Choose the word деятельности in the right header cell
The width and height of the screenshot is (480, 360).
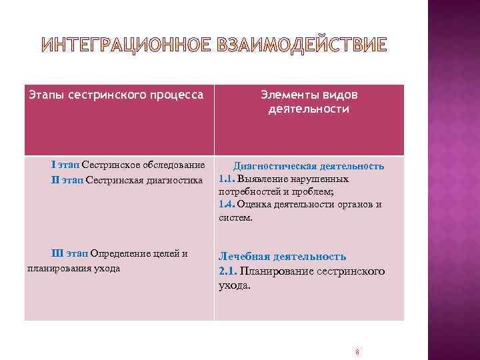(309, 109)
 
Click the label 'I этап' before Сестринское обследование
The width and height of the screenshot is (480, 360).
(66, 165)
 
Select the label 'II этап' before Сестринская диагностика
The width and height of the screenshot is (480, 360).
(67, 179)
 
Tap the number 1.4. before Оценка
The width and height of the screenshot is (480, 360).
(228, 204)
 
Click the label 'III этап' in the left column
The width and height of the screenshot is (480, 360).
(69, 254)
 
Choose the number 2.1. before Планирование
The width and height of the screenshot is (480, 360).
(229, 271)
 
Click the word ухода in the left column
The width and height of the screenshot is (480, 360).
(107, 268)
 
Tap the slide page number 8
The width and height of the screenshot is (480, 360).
(358, 352)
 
